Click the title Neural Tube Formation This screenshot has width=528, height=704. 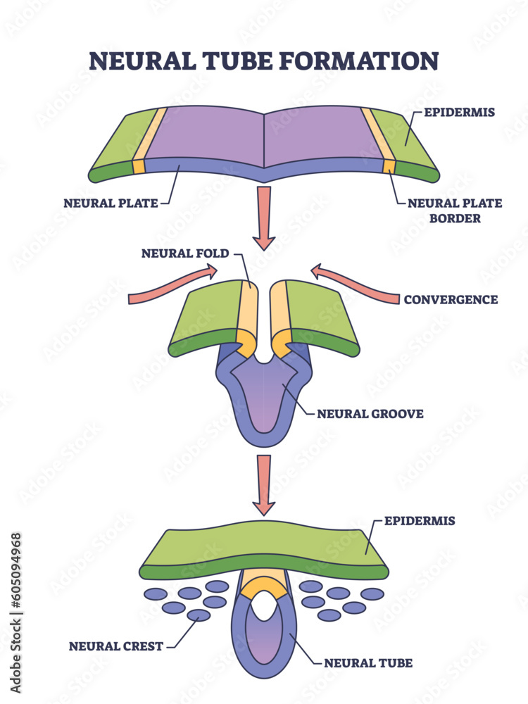(263, 61)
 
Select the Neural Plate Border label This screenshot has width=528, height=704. (455, 210)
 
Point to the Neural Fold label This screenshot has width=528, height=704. (185, 253)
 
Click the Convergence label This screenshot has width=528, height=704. (451, 299)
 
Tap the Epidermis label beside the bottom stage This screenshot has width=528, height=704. (419, 521)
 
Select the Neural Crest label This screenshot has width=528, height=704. (115, 646)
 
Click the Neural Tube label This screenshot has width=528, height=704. (368, 662)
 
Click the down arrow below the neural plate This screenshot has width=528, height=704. (265, 217)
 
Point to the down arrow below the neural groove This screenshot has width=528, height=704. (265, 484)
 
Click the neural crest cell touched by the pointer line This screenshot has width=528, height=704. (199, 616)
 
